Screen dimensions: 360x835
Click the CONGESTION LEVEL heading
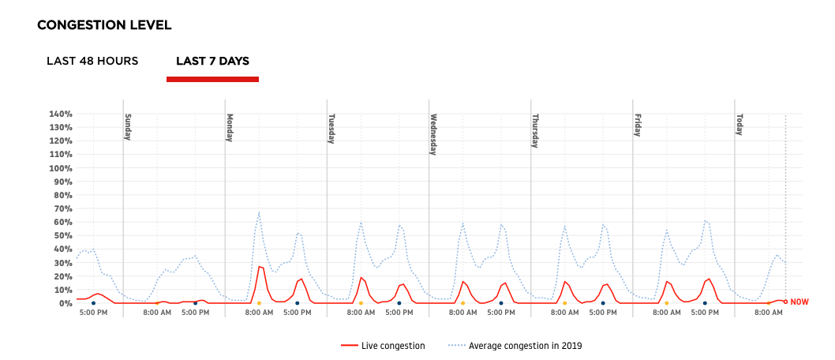104,24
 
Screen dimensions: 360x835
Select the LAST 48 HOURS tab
92,61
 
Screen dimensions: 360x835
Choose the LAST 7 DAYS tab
212,61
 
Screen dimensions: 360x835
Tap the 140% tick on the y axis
60,114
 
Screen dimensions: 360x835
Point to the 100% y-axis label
60,168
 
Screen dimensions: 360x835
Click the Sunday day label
128,126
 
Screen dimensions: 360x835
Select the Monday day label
230,127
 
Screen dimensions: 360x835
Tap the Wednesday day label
433,135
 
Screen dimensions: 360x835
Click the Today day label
740,125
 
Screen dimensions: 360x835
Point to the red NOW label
799,302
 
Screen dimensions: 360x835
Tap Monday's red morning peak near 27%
259,266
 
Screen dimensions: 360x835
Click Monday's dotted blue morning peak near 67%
259,212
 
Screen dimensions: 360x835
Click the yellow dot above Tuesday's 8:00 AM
361,303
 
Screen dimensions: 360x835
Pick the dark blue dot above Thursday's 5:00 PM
603,303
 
